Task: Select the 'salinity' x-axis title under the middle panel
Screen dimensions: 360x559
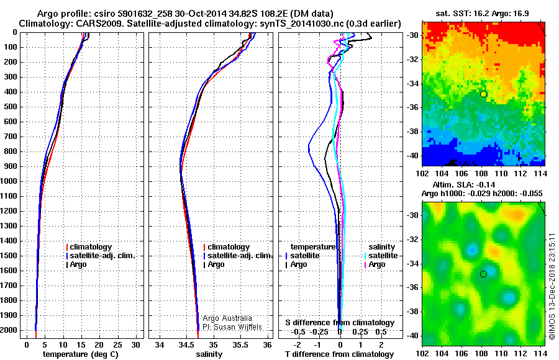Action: pos(209,354)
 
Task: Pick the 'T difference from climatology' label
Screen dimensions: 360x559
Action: pos(339,354)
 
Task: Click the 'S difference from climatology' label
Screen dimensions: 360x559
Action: pos(339,323)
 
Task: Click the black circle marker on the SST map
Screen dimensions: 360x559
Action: pos(483,94)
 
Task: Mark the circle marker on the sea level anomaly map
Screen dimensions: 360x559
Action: pos(483,274)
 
